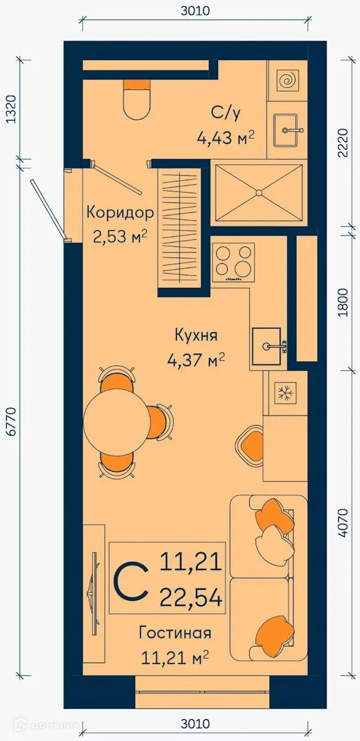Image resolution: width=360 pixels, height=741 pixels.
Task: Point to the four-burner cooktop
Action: point(233,261)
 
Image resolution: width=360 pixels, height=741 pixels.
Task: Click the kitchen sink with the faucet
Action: point(267,348)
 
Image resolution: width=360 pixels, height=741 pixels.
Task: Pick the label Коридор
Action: point(119,214)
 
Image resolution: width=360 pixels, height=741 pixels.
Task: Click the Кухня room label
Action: point(196,336)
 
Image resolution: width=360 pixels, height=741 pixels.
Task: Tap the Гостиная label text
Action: point(175,633)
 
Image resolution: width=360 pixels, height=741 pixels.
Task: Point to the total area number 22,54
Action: point(191,597)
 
